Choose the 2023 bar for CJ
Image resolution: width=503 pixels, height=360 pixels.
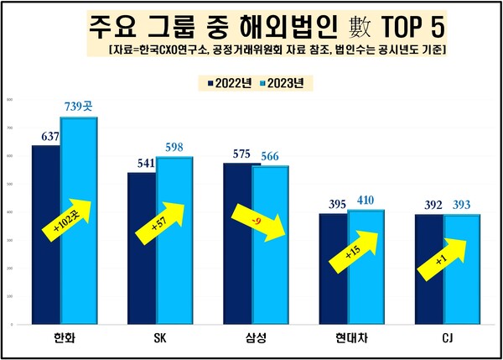461,269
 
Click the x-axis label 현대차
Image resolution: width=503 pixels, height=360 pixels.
351,338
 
